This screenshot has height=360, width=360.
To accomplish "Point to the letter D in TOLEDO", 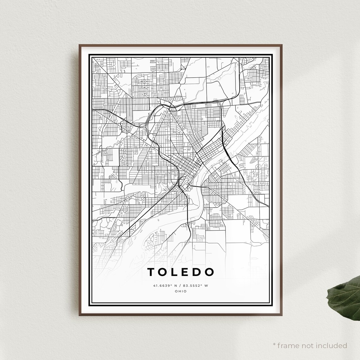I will [x=197, y=272].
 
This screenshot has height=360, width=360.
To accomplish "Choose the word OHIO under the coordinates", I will [x=180, y=291].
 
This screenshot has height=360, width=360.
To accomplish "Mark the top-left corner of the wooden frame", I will [x=79, y=45].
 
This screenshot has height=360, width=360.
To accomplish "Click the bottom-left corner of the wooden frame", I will [x=79, y=315].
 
